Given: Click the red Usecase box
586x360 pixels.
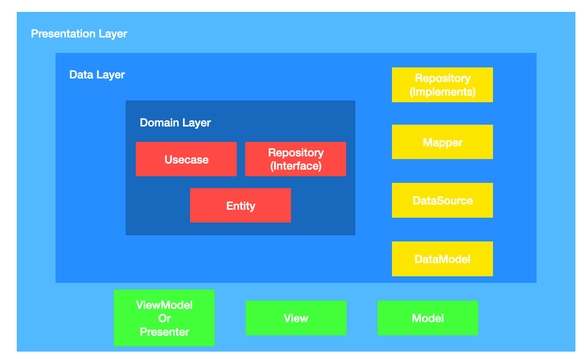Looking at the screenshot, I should coord(186,159).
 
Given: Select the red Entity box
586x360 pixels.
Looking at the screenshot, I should coord(240,205).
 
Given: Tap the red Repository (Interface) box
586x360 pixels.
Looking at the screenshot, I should coord(295,159).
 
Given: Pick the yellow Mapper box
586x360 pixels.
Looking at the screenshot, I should coord(442,142).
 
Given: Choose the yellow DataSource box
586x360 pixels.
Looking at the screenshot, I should coord(442,200).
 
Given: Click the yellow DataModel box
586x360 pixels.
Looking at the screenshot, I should coord(442,259).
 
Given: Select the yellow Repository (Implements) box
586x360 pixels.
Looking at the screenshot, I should coord(442,85).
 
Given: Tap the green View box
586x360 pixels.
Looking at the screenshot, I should coord(296,318).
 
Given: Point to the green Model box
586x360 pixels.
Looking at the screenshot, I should coord(428,318).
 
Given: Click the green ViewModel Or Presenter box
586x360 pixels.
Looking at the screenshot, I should coord(164,318).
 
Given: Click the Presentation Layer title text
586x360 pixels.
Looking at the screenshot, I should coord(79,34).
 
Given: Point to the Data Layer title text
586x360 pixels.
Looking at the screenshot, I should coord(97,75).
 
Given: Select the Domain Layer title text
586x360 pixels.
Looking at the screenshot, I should coord(175,122).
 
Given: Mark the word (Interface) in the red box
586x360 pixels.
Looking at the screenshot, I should coord(296,166).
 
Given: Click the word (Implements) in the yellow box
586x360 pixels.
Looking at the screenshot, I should coord(443,92).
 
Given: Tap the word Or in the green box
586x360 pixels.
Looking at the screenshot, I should coord(164,318).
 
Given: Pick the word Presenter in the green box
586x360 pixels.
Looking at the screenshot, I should coord(164,332).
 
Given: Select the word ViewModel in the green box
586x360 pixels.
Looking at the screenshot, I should coord(164,305).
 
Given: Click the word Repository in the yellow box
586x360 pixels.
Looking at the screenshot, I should coord(443,78).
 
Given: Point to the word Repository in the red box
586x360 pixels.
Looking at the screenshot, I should coord(296,153).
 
